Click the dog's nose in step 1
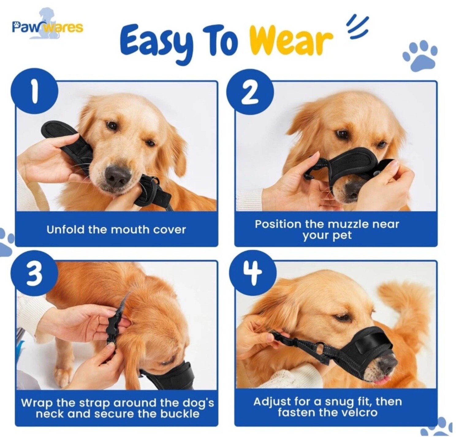(117, 176)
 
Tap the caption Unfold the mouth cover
(116, 230)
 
